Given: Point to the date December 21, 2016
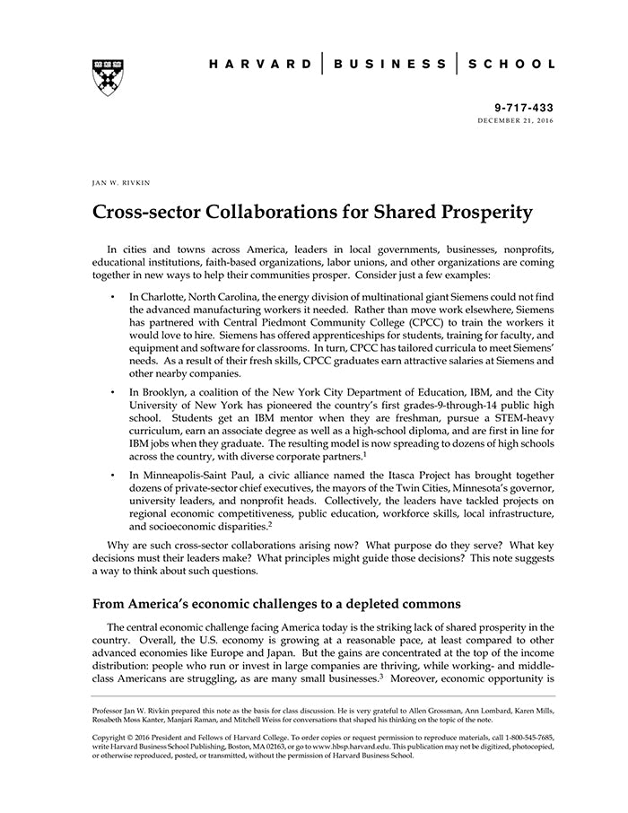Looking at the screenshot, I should coord(516,120).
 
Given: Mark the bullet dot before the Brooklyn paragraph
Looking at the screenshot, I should coord(112,393).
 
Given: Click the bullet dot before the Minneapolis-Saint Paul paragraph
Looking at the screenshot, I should coord(112,474).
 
